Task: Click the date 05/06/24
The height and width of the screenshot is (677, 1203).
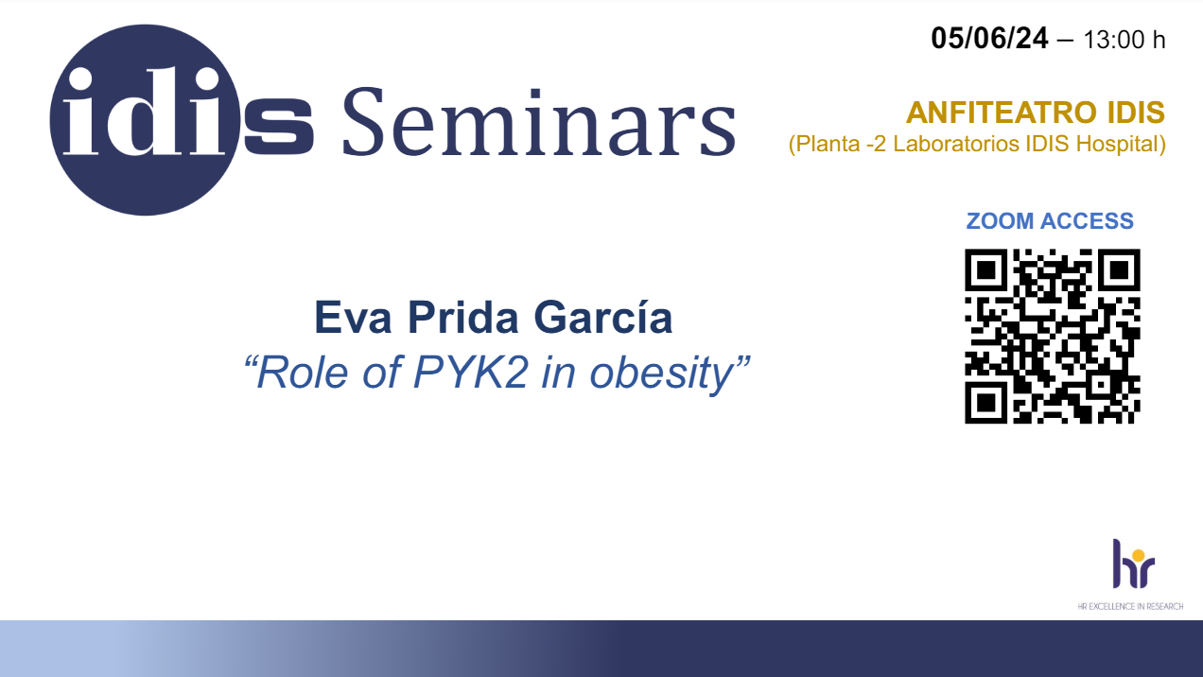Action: tap(989, 39)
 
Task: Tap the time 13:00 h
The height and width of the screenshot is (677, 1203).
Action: tap(1125, 40)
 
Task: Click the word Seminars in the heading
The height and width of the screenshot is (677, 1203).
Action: tap(539, 122)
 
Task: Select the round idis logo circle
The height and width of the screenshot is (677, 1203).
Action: tap(145, 120)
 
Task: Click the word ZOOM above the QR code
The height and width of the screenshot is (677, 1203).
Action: tap(1000, 220)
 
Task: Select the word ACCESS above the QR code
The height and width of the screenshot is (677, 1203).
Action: tap(1088, 220)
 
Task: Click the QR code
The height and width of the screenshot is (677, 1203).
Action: tap(1052, 336)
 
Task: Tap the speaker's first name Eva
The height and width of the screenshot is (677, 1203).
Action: tap(353, 318)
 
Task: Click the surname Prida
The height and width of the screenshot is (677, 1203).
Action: tap(462, 318)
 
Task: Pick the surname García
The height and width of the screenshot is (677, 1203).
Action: tap(603, 318)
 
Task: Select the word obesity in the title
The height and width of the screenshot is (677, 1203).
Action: tap(662, 373)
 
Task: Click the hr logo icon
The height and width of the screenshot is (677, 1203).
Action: tap(1133, 564)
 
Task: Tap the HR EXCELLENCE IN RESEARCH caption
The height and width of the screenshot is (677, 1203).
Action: tap(1130, 606)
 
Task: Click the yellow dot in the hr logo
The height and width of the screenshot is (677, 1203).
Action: tap(1138, 556)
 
